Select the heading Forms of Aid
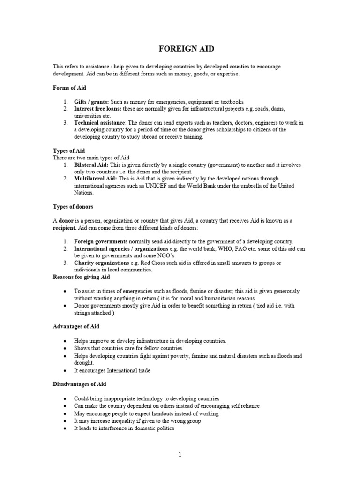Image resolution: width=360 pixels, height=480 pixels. point(69,88)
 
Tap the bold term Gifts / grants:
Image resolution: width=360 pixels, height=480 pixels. point(91,102)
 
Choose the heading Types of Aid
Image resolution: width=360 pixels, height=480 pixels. point(69,150)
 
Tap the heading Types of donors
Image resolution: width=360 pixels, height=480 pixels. point(72,207)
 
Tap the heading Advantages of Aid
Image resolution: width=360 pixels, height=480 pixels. point(76,326)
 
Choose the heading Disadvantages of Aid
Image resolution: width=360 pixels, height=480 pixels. point(79,384)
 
